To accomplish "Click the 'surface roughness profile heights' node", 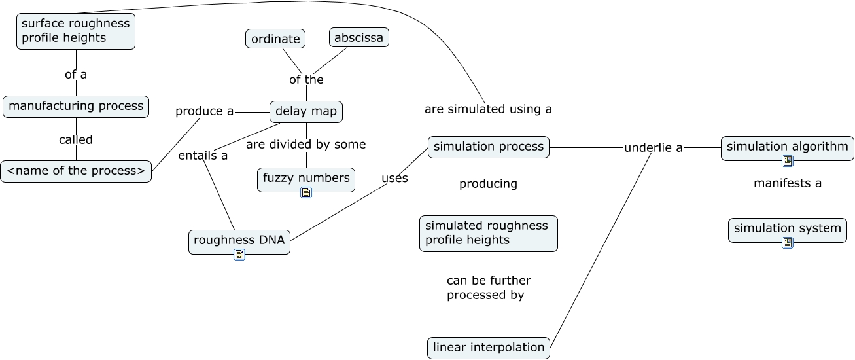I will [x=76, y=31].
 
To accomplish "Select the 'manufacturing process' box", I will [x=76, y=106].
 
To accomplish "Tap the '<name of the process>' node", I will [x=76, y=171].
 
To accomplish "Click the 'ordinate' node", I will [x=275, y=39].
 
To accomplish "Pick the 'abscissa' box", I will [x=358, y=37].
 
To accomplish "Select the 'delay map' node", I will [x=306, y=111].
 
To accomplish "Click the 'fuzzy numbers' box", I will [x=306, y=177].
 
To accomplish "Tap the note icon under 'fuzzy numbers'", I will [x=306, y=192].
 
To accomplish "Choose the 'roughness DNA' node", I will [x=239, y=240].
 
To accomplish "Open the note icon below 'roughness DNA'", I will [x=239, y=255].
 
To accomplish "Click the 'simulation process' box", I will [x=489, y=147].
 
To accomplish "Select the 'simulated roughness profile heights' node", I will [x=489, y=233].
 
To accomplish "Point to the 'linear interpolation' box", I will [x=489, y=348].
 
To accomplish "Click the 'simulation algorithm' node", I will [x=788, y=147].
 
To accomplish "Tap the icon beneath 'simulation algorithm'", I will [x=788, y=161].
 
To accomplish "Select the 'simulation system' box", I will [x=788, y=228].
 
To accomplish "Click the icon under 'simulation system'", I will [x=788, y=243].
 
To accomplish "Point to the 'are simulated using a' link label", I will [x=488, y=109].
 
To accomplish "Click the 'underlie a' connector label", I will [x=653, y=148].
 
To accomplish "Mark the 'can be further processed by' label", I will [x=489, y=288].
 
